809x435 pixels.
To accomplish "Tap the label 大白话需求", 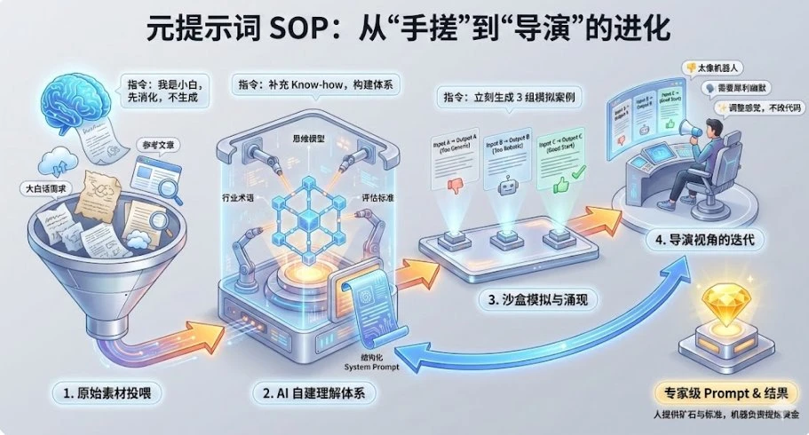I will click(x=46, y=188).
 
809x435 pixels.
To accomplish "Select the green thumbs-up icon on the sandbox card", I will click(x=560, y=186).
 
